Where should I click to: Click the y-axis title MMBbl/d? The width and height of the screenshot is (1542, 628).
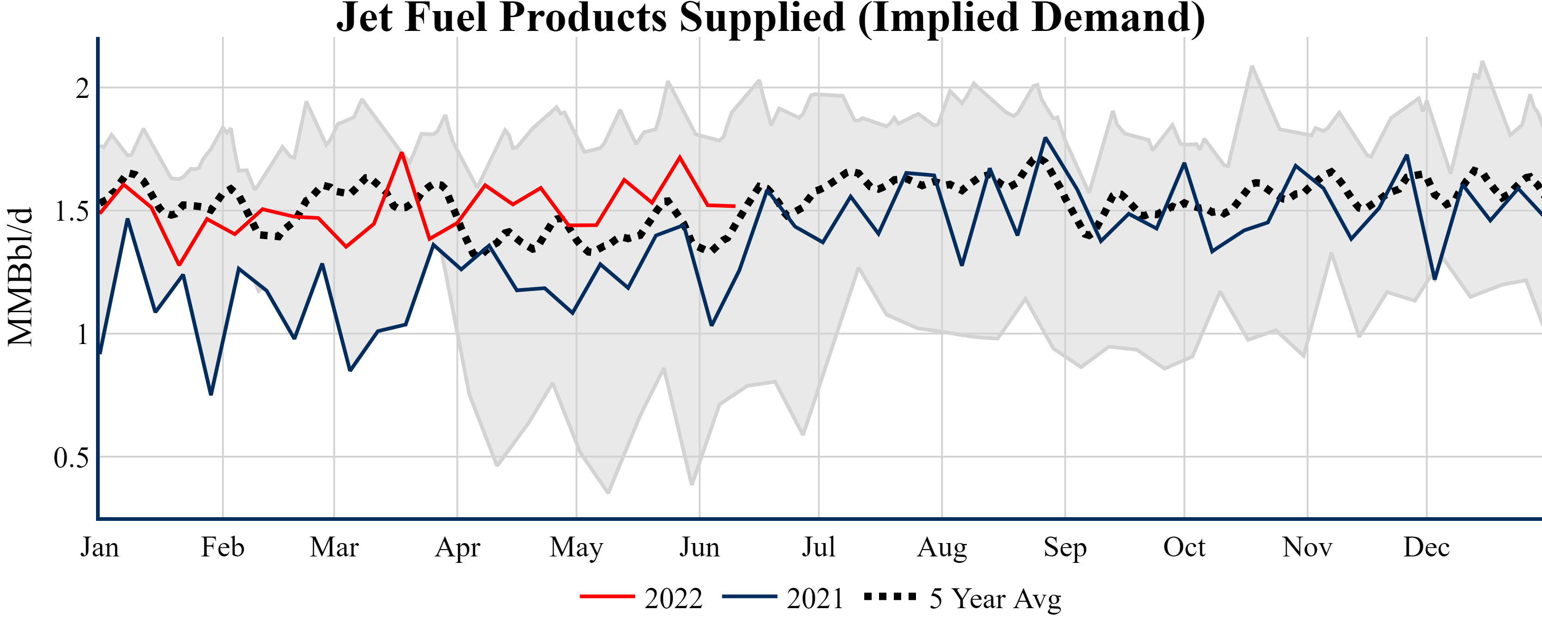coord(20,277)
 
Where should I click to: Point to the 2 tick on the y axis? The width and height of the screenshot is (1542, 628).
coord(83,89)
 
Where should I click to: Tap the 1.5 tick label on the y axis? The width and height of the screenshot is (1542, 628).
coord(71,211)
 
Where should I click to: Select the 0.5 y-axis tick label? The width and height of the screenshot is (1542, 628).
coord(71,458)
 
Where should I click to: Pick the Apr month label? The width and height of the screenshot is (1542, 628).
coord(458,547)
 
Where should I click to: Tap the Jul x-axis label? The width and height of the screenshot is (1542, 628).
coord(818,547)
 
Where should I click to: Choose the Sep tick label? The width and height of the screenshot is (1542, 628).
coord(1065,547)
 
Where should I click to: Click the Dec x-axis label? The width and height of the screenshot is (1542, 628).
coord(1427,547)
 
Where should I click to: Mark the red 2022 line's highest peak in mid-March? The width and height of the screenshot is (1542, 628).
coord(402,153)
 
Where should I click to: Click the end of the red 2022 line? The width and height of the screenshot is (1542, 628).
coord(734,206)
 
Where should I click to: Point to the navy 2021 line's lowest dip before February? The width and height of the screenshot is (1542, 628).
coord(211,394)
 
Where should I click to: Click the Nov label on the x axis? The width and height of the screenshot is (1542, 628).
coord(1307,547)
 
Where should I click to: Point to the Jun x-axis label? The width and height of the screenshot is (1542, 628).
coord(699,547)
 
